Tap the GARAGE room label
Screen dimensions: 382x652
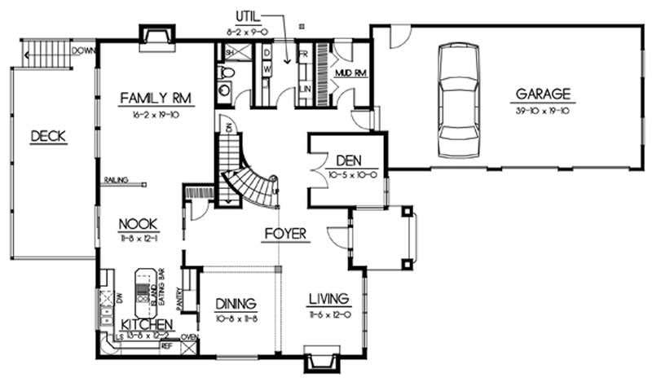point(542,94)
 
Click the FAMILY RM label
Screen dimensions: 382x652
point(155,99)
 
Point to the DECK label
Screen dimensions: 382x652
point(48,136)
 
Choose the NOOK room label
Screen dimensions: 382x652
point(137,223)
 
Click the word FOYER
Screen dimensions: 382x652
point(285,235)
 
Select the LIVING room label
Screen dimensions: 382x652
point(329,298)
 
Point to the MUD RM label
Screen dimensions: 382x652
point(350,72)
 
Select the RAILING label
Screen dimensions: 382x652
point(115,182)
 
